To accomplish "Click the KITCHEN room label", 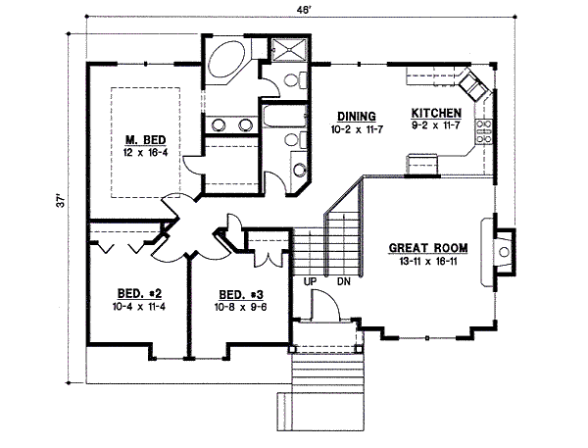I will pyautogui.click(x=436, y=113).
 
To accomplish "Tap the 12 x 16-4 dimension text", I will pyautogui.click(x=143, y=154).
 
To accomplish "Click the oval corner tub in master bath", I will pyautogui.click(x=228, y=60).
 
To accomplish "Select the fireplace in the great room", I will pyautogui.click(x=502, y=253).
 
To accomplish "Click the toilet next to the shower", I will pyautogui.click(x=288, y=81).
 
